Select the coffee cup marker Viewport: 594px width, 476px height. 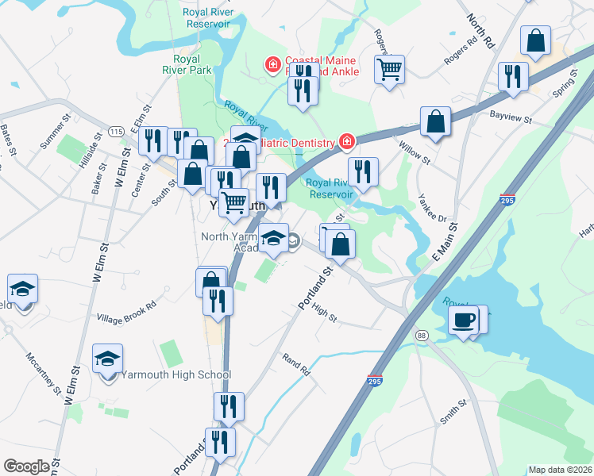[463, 321]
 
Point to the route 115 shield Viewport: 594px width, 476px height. [117, 131]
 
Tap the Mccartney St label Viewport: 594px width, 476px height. [43, 374]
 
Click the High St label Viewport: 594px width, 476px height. [325, 313]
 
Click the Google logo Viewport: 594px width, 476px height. [26, 466]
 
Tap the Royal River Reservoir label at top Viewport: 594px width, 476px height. [208, 17]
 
